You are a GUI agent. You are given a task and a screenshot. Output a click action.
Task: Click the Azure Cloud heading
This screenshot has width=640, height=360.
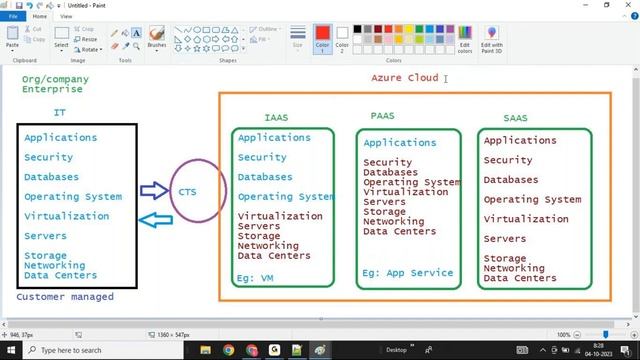point(404,78)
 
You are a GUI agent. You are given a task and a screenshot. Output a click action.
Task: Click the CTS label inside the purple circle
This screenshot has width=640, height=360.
point(188,191)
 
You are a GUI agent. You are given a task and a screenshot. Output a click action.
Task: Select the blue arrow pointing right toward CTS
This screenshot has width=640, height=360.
point(154,190)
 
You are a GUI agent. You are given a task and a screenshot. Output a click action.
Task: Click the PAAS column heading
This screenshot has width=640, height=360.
point(382,116)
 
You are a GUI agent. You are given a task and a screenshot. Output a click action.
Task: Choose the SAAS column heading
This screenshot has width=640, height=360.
point(515,118)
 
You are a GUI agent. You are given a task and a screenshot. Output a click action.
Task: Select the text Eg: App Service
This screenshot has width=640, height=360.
point(407,273)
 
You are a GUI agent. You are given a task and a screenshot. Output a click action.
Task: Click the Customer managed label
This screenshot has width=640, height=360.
point(64,297)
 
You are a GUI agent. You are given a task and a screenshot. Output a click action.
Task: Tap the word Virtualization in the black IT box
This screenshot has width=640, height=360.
point(66,216)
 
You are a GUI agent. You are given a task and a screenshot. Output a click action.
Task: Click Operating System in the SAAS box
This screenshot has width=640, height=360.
point(532,200)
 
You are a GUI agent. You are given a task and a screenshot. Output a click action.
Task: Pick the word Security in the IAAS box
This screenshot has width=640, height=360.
point(262,157)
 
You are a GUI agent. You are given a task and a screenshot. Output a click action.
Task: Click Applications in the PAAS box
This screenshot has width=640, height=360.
point(400,143)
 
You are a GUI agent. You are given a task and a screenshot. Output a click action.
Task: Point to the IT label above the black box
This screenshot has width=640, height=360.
point(59,113)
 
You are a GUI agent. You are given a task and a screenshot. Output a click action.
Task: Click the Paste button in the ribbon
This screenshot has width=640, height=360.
point(12,39)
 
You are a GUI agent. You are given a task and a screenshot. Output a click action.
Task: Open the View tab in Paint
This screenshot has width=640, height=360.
point(66,16)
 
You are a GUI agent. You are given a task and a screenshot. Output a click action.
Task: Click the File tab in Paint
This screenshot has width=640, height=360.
point(14,16)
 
